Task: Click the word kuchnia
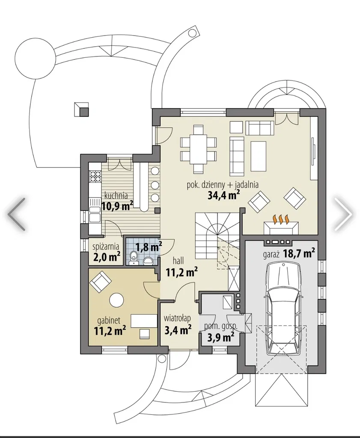pos(116,195)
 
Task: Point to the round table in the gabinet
pos(116,300)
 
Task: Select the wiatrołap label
pos(177,318)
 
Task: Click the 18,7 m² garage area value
pos(299,253)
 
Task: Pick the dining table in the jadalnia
pos(199,149)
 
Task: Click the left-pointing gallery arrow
pos(17,214)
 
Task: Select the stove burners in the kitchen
pos(95,176)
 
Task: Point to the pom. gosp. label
pos(221,326)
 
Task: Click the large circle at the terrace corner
pos(35,59)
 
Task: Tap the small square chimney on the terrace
pos(82,110)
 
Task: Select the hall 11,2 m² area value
pos(182,271)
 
